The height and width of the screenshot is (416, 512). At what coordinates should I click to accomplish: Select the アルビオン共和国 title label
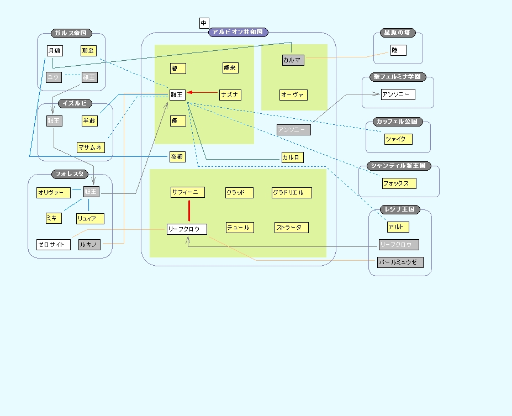tap(238, 32)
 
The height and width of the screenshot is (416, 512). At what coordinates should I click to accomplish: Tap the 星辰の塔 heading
tap(398, 33)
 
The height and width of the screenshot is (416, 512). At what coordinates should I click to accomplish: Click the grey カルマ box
tap(293, 60)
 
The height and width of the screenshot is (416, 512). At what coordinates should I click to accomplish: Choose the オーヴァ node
tap(293, 95)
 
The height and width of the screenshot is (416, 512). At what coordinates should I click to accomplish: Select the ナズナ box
tap(230, 95)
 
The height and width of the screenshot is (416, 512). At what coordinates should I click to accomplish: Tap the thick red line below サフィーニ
tap(189, 210)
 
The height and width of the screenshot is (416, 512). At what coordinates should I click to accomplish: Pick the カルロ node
tap(292, 157)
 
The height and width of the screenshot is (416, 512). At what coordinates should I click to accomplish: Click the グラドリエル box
tap(292, 193)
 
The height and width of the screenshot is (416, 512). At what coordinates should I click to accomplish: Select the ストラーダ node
tap(291, 228)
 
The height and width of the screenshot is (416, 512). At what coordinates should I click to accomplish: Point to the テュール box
tap(239, 228)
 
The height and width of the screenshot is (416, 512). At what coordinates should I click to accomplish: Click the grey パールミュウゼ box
tap(400, 262)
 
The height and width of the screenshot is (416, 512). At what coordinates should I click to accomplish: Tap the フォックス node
tap(399, 183)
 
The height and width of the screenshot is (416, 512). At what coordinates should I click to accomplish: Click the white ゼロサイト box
tap(54, 245)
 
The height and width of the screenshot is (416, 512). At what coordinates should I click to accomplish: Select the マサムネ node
tap(91, 148)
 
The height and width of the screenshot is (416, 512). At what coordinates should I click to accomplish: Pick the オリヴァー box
tap(54, 193)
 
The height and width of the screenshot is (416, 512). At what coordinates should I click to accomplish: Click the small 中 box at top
tap(204, 23)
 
